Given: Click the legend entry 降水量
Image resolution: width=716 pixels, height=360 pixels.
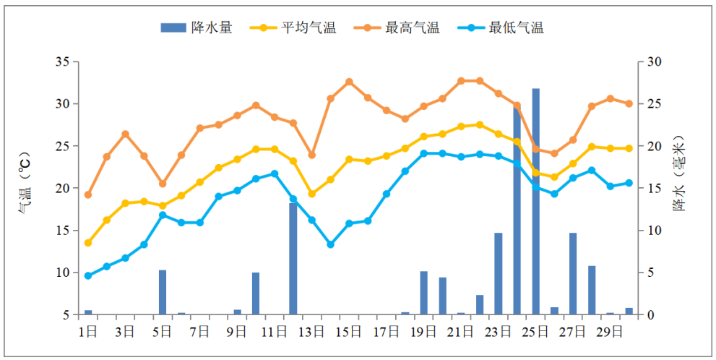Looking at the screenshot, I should (197, 28).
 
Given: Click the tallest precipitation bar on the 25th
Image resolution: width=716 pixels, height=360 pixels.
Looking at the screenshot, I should (536, 202).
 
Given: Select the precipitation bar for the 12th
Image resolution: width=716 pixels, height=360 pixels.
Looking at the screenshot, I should (293, 259).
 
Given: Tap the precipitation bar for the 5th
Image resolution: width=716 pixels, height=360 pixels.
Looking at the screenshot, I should (163, 292).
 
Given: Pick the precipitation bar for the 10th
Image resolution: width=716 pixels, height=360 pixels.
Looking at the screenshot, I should (256, 293).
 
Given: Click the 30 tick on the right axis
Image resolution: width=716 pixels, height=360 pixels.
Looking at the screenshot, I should (654, 61).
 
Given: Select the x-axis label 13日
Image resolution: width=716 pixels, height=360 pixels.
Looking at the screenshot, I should (311, 332).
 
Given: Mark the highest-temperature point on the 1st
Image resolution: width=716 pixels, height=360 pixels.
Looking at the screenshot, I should (88, 194).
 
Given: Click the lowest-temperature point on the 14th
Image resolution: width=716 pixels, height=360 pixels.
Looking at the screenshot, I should (330, 244).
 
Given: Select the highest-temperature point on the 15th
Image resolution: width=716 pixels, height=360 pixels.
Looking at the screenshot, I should (349, 82).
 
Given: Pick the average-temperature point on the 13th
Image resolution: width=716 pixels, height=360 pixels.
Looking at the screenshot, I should (312, 194).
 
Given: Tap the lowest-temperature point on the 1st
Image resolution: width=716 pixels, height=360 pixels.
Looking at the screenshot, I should (88, 275).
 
